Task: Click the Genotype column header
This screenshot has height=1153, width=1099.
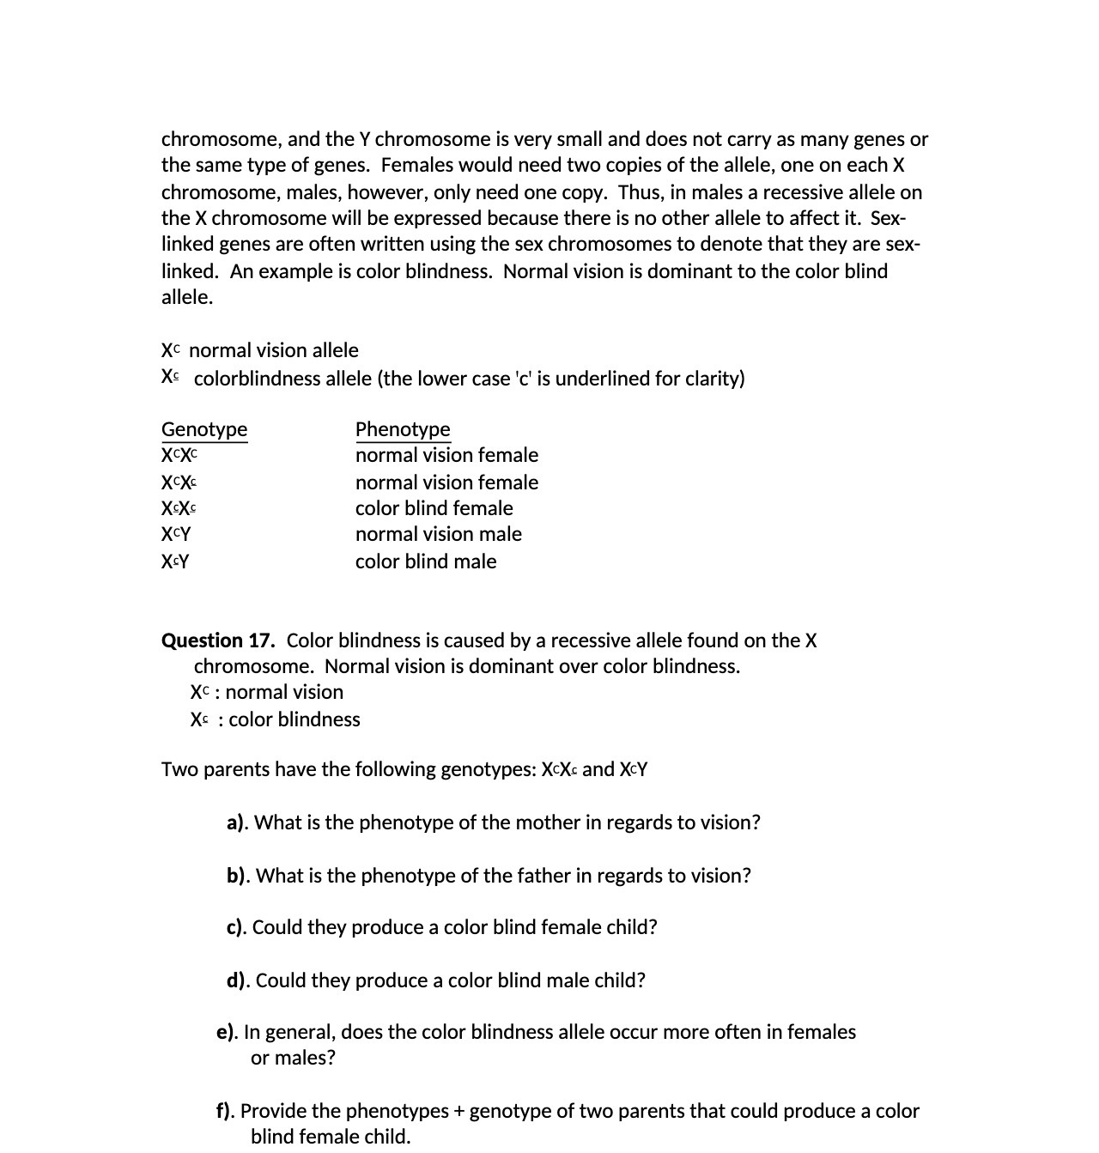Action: point(204,429)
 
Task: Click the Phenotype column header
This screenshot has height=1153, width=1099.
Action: point(403,429)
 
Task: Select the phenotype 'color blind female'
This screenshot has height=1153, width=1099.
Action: point(434,508)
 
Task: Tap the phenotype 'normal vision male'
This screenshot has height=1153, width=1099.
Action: point(438,534)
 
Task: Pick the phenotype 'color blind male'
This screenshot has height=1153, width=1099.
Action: point(426,561)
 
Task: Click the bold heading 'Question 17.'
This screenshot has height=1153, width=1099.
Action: point(218,640)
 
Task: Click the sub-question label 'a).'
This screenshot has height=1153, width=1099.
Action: point(238,822)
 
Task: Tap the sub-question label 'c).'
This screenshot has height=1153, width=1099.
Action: point(237,927)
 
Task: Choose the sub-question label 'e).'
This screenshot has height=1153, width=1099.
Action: point(228,1032)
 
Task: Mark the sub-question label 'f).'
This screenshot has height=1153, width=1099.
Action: point(226,1111)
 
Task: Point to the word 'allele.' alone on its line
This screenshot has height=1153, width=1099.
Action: point(187,297)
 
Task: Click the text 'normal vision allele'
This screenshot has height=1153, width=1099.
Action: point(273,350)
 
